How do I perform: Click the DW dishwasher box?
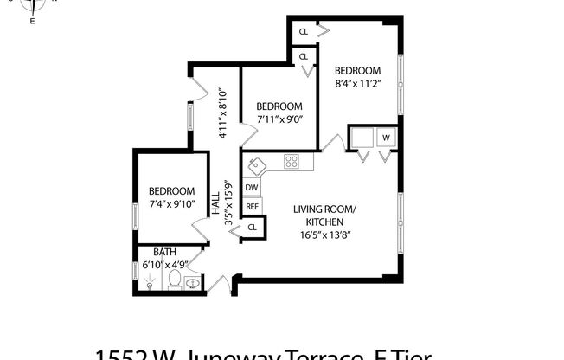[252, 188]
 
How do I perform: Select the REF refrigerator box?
[252, 207]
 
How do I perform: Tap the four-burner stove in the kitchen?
[292, 161]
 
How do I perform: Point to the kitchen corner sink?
[256, 164]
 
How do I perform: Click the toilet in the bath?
[173, 280]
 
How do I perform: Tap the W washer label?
[386, 138]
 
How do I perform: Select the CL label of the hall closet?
[253, 227]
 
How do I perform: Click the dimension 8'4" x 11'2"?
[357, 85]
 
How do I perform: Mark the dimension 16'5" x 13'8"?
[324, 234]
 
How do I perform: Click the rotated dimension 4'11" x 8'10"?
[222, 113]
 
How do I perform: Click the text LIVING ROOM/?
[324, 209]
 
